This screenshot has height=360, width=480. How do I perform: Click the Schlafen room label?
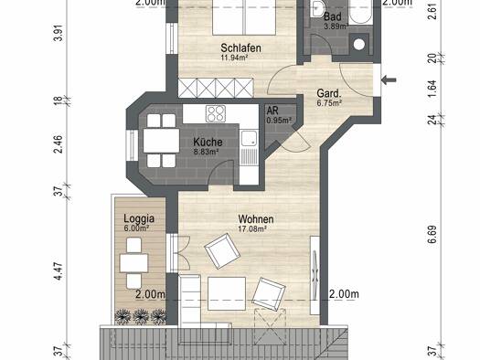(x=241, y=48)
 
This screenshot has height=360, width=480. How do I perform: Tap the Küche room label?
(x=208, y=142)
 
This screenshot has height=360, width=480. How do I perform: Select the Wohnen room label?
(x=256, y=219)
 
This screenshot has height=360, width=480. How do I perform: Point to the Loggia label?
(x=139, y=218)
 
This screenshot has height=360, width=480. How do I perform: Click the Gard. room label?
(x=329, y=93)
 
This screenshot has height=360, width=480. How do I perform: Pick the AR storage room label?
(x=272, y=111)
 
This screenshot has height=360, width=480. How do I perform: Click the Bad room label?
(x=333, y=16)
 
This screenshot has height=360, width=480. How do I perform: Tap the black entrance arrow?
(x=389, y=80)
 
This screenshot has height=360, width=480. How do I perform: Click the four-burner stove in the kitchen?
(x=216, y=113)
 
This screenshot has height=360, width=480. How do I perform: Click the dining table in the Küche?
(x=161, y=141)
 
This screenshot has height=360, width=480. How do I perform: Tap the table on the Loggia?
(x=133, y=263)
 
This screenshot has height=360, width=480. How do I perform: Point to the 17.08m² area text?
(x=252, y=228)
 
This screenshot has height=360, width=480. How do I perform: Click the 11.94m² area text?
(x=234, y=57)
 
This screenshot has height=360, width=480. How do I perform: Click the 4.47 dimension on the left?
(x=59, y=272)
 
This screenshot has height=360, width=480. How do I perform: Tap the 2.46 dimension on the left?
(x=59, y=144)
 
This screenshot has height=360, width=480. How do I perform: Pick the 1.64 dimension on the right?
(x=432, y=89)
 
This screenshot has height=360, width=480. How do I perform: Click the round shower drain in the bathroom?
(x=359, y=45)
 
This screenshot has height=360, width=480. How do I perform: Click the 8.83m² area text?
(x=206, y=152)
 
